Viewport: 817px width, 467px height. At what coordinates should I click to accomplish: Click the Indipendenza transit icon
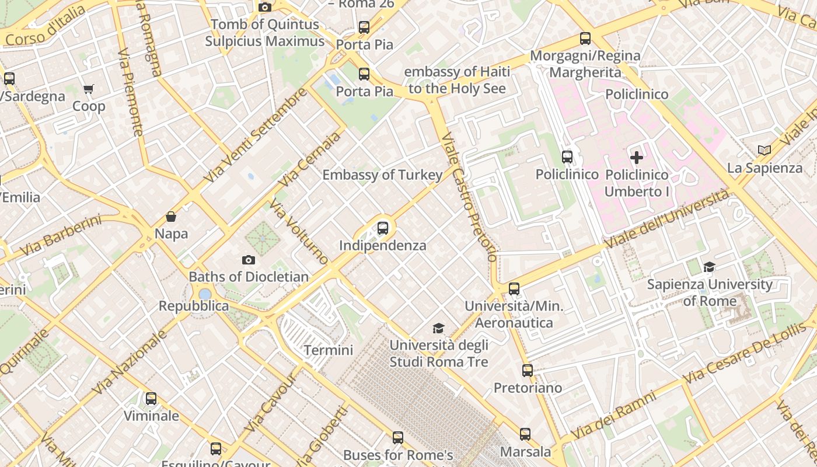[x=383, y=228]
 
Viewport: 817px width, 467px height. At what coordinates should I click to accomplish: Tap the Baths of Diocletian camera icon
[x=249, y=260]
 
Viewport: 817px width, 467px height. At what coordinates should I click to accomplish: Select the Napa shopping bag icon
[x=171, y=217]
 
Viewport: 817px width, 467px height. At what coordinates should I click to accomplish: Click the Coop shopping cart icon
[x=89, y=89]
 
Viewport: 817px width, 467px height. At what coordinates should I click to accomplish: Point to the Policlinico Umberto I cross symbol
[x=637, y=157]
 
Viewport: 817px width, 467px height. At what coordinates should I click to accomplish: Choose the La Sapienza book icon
[x=764, y=151]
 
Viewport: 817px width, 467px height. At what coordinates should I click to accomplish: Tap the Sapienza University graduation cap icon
[x=710, y=267]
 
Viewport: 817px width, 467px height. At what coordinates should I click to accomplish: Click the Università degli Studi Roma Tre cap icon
[x=438, y=328]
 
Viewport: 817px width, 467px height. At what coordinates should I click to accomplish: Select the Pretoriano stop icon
[x=528, y=371]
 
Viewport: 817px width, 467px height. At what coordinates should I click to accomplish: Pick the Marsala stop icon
[x=525, y=434]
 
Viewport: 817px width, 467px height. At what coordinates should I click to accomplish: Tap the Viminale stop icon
[x=151, y=399]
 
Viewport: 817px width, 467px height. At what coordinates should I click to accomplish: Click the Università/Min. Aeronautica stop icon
[x=514, y=288]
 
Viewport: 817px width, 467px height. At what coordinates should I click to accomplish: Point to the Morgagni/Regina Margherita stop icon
[x=585, y=39]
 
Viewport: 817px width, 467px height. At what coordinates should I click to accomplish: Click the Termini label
[x=329, y=350]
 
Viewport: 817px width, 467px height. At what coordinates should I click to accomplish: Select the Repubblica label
[x=194, y=306]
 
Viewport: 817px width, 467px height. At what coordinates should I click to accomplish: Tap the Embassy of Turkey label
[x=382, y=175]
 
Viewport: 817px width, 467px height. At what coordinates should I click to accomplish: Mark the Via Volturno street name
[x=298, y=231]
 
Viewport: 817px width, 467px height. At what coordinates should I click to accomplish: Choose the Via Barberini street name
[x=60, y=235]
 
